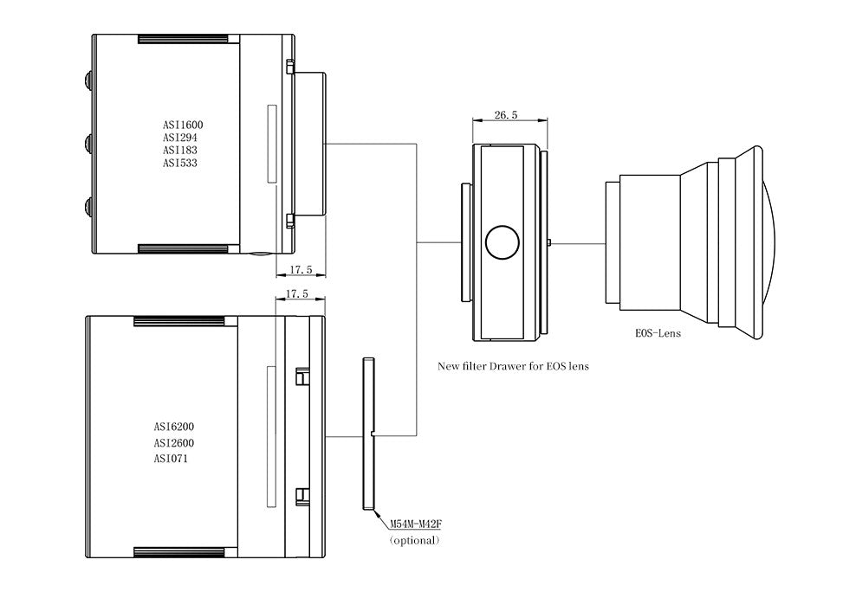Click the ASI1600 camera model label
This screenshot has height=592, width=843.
[183, 125]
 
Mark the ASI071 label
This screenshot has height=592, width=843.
[171, 458]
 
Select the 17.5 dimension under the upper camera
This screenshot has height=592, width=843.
[299, 269]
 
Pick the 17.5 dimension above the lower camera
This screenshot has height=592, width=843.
[297, 294]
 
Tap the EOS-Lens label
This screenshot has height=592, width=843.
[657, 332]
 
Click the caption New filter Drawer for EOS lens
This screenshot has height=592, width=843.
[513, 366]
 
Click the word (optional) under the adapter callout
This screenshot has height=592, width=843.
[415, 540]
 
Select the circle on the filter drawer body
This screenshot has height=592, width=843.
[503, 243]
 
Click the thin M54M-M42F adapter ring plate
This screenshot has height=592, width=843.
[367, 433]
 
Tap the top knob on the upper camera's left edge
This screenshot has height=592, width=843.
[89, 80]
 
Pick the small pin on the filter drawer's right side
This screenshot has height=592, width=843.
[551, 243]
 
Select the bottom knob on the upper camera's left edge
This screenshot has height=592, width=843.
[89, 205]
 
